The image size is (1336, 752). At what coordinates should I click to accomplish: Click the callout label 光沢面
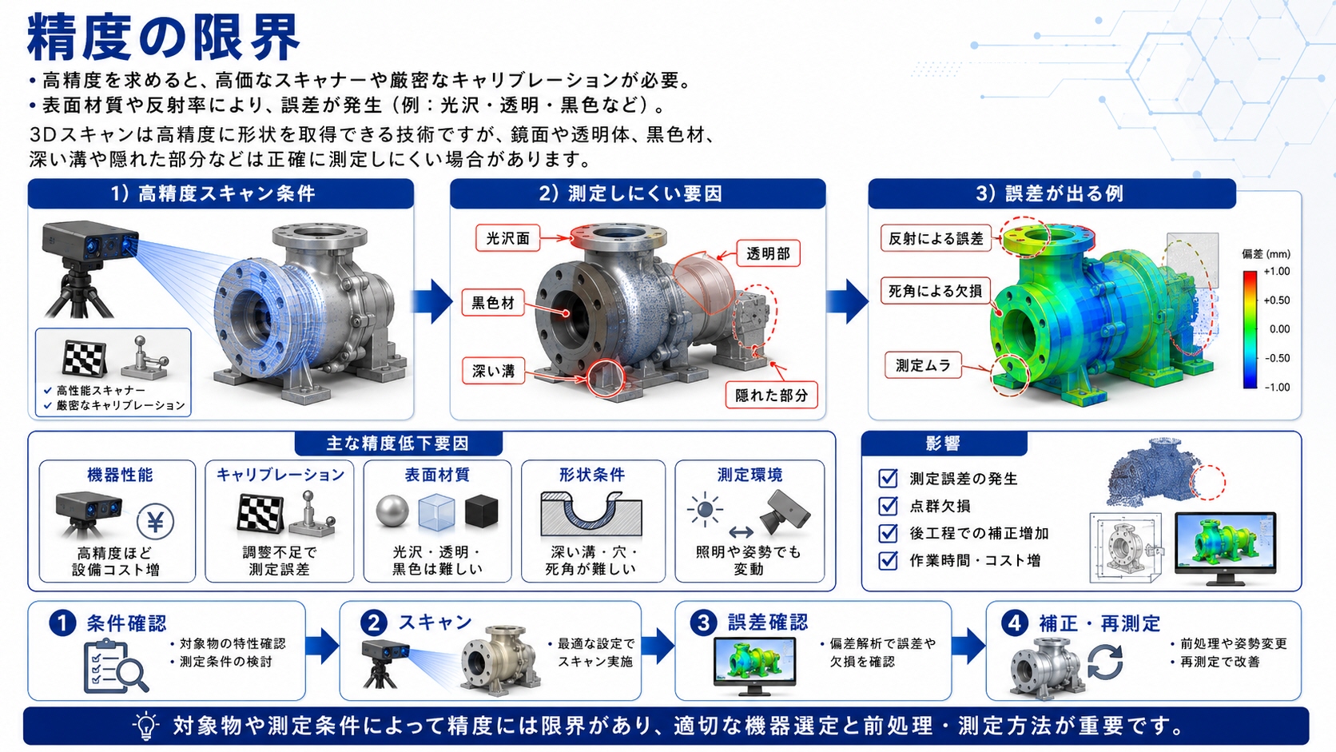[507, 238]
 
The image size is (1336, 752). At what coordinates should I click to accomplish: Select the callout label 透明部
[768, 254]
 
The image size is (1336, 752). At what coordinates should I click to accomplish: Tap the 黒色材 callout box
[493, 303]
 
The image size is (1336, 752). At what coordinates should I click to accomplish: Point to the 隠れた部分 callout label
[771, 396]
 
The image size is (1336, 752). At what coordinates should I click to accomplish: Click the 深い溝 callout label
[493, 372]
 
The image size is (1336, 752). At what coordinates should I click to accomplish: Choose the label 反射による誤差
[936, 238]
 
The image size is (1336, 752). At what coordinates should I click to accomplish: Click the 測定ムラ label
[923, 365]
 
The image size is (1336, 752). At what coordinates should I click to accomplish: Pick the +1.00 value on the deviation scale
[1277, 272]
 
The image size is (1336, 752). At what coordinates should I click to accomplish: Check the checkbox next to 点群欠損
[888, 506]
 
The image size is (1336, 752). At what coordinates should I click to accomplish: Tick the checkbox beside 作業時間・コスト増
[888, 560]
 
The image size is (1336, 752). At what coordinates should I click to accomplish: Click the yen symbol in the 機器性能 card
[155, 522]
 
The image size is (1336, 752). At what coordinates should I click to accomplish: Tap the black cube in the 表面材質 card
[481, 511]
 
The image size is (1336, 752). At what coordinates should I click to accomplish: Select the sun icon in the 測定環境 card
[705, 510]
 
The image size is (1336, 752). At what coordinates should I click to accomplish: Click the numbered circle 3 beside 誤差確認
[703, 623]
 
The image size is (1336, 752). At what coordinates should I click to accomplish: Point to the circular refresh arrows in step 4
[1105, 662]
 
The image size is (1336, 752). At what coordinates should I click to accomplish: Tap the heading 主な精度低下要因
[398, 443]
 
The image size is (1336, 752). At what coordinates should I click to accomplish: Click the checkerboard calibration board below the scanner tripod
[85, 358]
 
